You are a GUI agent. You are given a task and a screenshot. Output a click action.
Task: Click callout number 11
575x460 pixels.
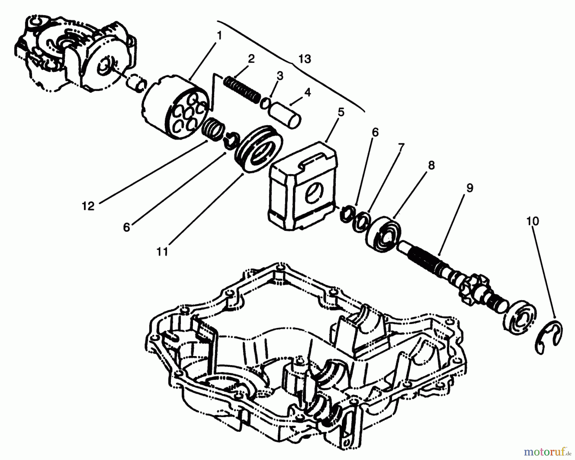(162, 252)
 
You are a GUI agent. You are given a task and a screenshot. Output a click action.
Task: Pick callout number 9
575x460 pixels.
(469, 188)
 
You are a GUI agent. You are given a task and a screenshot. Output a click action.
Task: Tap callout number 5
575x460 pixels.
(341, 112)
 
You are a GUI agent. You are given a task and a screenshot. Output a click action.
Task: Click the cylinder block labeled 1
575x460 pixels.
(176, 109)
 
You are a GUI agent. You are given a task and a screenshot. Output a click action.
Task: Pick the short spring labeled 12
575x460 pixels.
(213, 128)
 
